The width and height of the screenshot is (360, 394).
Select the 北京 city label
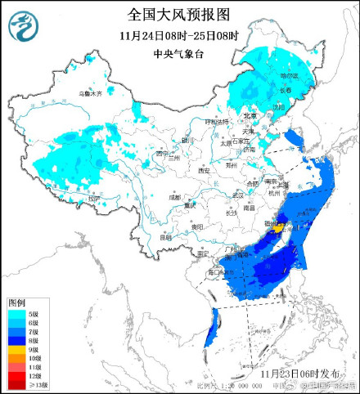click(250, 115)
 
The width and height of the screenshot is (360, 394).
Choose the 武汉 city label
click(238, 195)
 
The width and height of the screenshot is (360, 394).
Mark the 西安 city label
click(204, 170)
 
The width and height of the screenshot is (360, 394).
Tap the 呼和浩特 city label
click(217, 121)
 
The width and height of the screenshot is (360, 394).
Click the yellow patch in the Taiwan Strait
click(280, 229)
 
